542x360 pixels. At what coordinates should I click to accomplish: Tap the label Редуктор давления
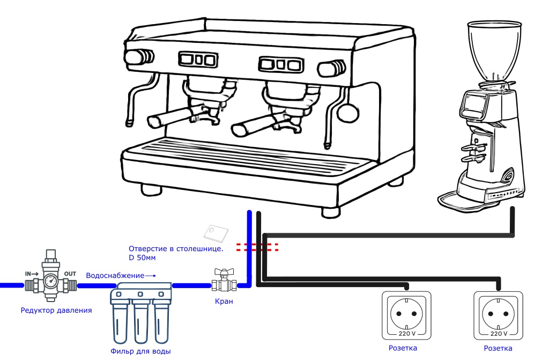(x=56, y=310)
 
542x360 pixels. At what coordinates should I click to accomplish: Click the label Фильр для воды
(x=141, y=351)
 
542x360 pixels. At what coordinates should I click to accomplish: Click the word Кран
(x=224, y=301)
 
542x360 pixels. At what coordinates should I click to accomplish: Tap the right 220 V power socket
(x=498, y=314)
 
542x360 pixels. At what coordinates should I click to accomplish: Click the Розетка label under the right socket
(x=498, y=348)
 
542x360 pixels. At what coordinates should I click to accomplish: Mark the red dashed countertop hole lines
(x=257, y=247)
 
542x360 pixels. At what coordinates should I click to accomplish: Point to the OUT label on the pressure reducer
(x=70, y=274)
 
